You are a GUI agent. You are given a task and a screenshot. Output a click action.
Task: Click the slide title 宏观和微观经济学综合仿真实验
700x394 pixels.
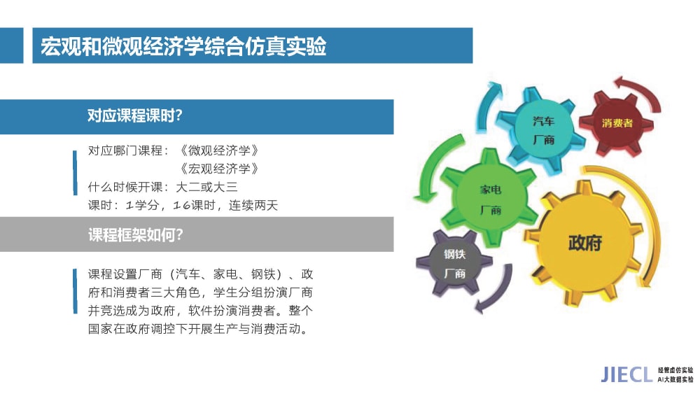[183, 46]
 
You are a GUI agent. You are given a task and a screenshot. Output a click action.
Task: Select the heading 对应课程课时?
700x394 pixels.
[135, 115]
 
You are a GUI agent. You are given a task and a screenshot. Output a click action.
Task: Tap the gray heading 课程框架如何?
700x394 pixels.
[136, 234]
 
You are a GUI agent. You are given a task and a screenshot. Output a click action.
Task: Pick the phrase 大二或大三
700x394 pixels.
[207, 187]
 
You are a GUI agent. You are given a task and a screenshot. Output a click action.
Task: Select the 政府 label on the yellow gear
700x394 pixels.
[584, 243]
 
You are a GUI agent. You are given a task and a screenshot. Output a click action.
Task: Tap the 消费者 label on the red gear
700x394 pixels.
[617, 123]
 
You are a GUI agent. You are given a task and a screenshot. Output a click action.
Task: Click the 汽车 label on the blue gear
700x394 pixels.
[543, 121]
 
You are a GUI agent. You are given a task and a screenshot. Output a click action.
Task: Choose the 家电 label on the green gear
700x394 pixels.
[491, 190]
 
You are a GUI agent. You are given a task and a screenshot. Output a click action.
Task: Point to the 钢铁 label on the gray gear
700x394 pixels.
[454, 254]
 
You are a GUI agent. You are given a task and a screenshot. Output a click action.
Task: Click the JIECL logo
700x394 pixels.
[626, 374]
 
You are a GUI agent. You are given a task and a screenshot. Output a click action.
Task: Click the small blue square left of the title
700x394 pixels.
[12, 45]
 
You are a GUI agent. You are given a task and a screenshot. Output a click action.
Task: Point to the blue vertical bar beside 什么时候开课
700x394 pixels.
[75, 173]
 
